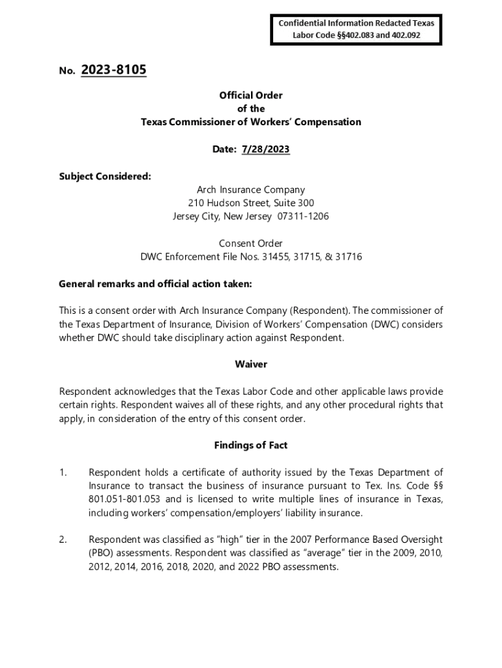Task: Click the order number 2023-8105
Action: (114, 70)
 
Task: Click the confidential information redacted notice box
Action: (356, 29)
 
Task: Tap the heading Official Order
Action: (251, 95)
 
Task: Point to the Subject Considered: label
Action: (105, 176)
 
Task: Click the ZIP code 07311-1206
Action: (305, 217)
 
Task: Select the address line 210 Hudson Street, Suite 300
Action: (251, 203)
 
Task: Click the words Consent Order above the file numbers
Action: (251, 243)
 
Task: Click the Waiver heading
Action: (251, 364)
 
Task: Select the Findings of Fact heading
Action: (251, 446)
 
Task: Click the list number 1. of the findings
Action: (63, 472)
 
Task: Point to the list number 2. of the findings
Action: (63, 539)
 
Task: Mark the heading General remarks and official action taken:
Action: (155, 284)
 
